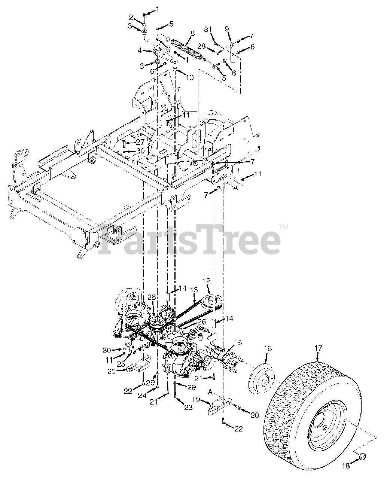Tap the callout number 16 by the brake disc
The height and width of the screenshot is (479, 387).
tap(268, 349)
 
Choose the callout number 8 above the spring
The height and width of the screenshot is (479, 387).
tap(192, 33)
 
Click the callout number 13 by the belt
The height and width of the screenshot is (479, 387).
tap(194, 290)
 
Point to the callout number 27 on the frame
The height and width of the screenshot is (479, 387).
tap(140, 142)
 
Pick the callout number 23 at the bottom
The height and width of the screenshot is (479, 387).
tap(188, 408)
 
